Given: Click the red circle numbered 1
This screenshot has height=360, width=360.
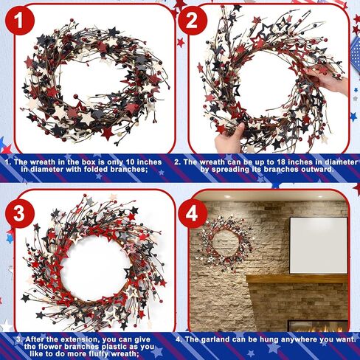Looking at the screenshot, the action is click(20, 21).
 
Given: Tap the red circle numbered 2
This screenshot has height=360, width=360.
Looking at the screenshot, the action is click(193, 21).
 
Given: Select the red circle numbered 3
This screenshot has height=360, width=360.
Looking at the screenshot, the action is click(20, 213).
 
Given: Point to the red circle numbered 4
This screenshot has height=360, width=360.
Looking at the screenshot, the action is click(193, 213).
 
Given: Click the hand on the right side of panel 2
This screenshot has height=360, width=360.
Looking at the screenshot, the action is click(327, 80).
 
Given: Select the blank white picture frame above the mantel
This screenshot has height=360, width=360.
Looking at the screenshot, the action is click(319, 245).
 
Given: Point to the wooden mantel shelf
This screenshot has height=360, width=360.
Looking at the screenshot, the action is click(297, 280).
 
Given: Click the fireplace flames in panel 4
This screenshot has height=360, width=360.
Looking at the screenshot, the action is click(319, 328).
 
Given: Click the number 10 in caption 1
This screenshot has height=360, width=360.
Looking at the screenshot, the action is click(131, 162).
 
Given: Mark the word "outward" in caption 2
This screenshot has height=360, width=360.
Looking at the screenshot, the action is click(319, 170).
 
